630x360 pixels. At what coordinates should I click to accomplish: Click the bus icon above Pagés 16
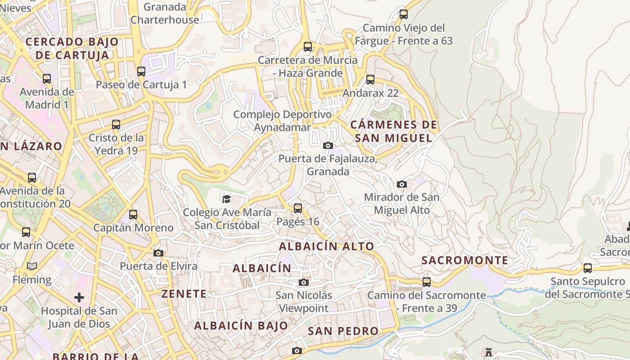point(297,208)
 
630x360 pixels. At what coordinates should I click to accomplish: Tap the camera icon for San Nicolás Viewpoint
point(304,282)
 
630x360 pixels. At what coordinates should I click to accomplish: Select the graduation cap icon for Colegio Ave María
point(226,198)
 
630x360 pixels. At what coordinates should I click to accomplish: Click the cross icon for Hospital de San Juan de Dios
point(79,297)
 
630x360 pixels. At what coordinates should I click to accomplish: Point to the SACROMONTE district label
point(465,261)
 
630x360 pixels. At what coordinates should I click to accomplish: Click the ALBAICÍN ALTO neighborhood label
point(326,247)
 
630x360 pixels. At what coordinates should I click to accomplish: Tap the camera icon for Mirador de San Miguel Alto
point(402,184)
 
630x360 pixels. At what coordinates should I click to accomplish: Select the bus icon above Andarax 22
point(370,80)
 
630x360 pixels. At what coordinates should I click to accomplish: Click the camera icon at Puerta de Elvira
point(158,253)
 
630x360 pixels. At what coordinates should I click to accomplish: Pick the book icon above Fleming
point(31,266)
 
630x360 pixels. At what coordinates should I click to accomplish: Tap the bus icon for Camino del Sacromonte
point(426,282)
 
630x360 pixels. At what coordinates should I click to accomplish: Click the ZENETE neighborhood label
point(184,294)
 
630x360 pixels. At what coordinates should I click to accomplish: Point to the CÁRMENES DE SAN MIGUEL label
point(393,131)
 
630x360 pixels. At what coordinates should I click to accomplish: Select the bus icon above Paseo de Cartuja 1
point(141,71)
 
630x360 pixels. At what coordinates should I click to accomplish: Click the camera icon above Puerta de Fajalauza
point(328,145)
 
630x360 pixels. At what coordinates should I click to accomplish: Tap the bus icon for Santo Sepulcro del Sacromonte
point(587,268)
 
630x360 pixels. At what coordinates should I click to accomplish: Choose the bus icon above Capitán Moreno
point(133,215)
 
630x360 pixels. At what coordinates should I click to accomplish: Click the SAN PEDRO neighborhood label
point(343,331)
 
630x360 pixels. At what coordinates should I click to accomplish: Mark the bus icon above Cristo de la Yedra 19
point(116,125)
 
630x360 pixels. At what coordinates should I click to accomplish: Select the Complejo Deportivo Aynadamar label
point(282,121)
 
